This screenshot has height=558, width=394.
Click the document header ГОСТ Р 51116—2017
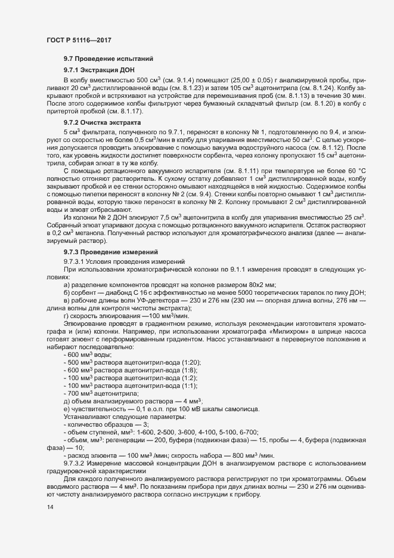79,39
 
